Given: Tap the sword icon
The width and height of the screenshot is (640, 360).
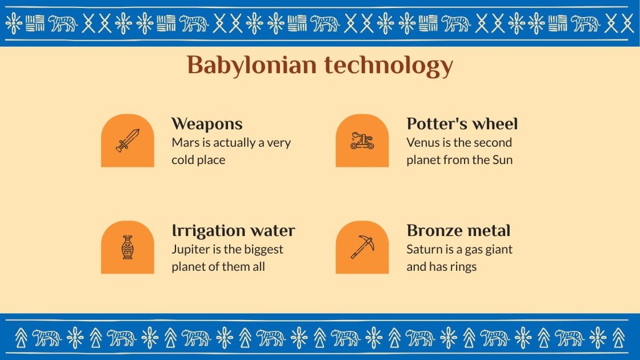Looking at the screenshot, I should click(127, 140).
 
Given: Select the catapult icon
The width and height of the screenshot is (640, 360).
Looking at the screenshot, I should click(362, 141).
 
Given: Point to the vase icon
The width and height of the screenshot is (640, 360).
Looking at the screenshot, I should click(127, 247).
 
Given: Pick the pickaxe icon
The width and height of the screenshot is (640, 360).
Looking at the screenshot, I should click(362, 247).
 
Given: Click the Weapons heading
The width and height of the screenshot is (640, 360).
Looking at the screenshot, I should click(207, 124).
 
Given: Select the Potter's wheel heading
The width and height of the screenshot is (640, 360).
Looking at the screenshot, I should click(462, 124).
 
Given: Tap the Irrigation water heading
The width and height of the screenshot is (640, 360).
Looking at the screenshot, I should click(233, 231).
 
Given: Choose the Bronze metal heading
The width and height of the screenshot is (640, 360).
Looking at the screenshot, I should click(458, 231).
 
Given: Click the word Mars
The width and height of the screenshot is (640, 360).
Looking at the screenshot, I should click(185, 143).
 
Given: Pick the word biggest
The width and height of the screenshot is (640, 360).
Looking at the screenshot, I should click(263, 250).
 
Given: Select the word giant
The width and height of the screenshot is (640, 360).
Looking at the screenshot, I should click(498, 250).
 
